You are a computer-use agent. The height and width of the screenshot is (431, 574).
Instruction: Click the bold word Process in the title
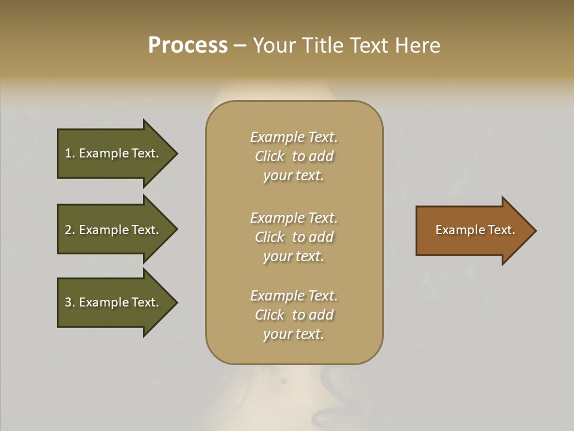188,45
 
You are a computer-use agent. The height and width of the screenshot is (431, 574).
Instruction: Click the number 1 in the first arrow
68,153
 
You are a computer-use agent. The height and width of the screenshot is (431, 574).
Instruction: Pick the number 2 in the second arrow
68,230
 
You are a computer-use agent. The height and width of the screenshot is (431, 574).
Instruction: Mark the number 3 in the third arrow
68,302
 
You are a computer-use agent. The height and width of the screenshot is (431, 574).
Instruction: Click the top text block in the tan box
294,156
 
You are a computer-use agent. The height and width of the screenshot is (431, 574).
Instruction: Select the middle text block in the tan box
294,237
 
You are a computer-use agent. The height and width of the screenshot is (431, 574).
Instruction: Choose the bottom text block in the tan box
294,315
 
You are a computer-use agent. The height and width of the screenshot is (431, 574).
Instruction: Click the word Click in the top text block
269,156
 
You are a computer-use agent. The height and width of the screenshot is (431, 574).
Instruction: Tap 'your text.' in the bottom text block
294,334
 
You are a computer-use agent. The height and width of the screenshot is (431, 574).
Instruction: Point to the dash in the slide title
240,46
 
